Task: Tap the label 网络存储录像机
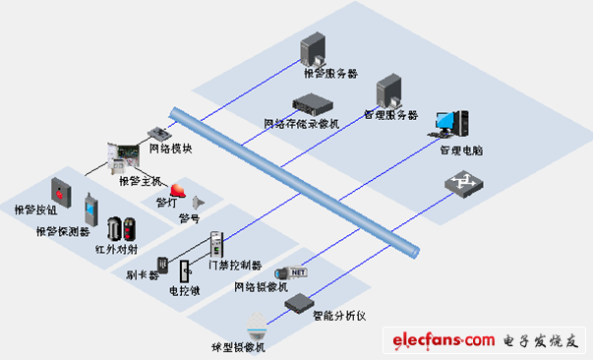pyautogui.click(x=301, y=124)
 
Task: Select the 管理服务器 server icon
pyautogui.click(x=387, y=90)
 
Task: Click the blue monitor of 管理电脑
pyautogui.click(x=447, y=123)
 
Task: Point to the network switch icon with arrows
pyautogui.click(x=458, y=182)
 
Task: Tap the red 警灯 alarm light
pyautogui.click(x=178, y=189)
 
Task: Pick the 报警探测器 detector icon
pyautogui.click(x=90, y=209)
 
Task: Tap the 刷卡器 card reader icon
pyautogui.click(x=162, y=265)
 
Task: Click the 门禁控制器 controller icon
pyautogui.click(x=217, y=244)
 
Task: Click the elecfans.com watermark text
pyautogui.click(x=444, y=340)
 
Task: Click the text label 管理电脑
pyautogui.click(x=461, y=150)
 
